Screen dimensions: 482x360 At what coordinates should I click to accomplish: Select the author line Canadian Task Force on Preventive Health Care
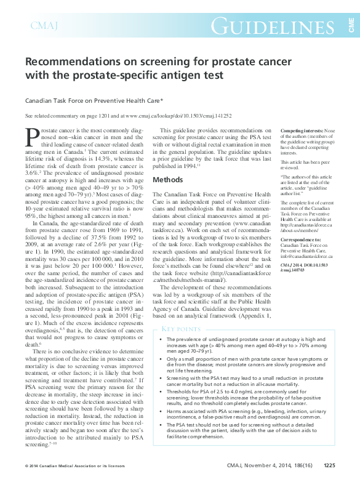pyautogui.click(x=94, y=100)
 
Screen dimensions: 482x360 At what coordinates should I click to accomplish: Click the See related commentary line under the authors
pyautogui.click(x=122, y=115)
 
